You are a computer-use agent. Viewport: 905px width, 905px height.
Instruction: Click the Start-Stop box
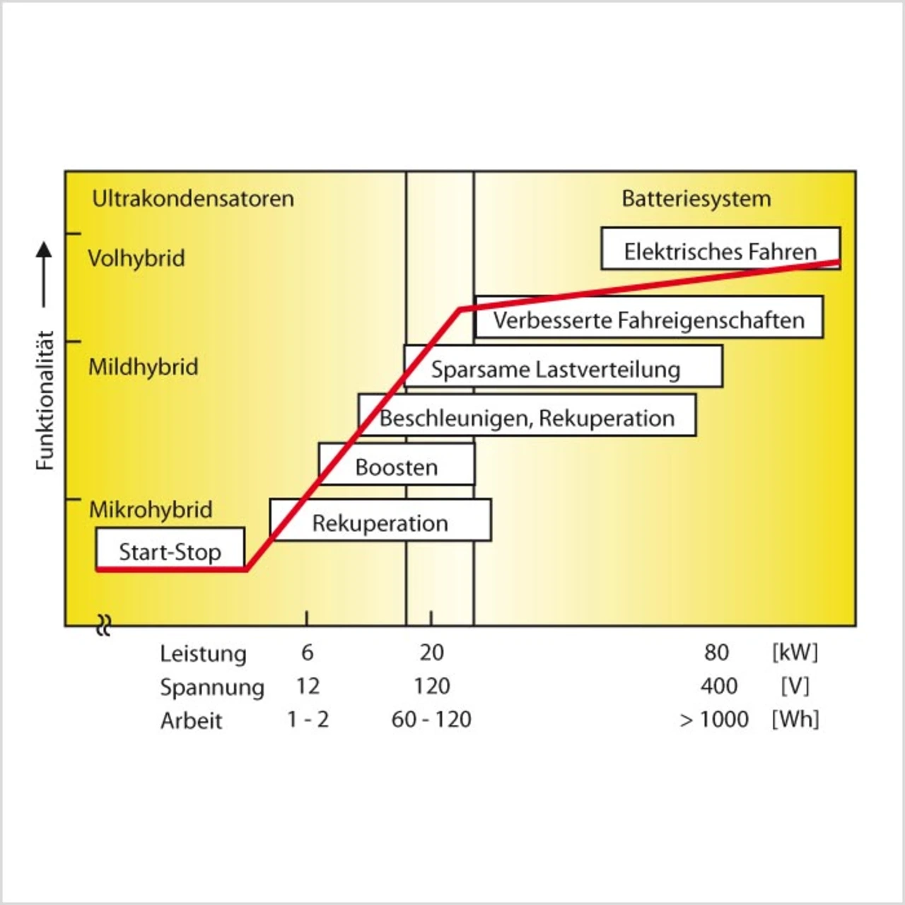click(170, 549)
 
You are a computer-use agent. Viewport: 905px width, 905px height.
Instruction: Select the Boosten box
click(396, 466)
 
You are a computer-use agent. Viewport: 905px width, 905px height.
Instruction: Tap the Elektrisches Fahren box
click(720, 249)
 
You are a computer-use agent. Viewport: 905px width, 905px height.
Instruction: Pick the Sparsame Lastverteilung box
click(563, 367)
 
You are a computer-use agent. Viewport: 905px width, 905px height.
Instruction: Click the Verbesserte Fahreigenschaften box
click(648, 318)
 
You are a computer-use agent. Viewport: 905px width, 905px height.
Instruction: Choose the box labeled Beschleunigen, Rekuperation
click(527, 416)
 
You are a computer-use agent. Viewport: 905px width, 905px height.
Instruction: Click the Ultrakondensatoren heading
click(192, 199)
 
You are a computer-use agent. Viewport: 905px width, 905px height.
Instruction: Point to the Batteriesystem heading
click(696, 199)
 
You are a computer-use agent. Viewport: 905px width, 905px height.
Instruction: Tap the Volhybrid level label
click(136, 258)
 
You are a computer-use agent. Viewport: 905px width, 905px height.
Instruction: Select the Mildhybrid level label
click(143, 367)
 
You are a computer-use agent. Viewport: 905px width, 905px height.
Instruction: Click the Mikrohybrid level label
click(150, 509)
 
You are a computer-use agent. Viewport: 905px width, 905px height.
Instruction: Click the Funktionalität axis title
click(45, 400)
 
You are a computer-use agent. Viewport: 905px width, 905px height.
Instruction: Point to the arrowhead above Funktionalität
click(44, 250)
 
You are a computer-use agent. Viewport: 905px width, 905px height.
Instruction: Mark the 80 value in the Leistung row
click(716, 652)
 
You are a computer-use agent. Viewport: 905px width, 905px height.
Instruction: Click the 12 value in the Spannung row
click(308, 686)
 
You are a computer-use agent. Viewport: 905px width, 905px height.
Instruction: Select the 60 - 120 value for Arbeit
click(431, 719)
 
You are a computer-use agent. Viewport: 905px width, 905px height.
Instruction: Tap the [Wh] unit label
click(795, 719)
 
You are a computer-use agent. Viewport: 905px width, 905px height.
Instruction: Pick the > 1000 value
click(714, 719)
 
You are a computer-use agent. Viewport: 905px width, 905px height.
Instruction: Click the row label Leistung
click(203, 653)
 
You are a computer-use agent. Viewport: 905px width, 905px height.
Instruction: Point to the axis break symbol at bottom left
click(104, 625)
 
